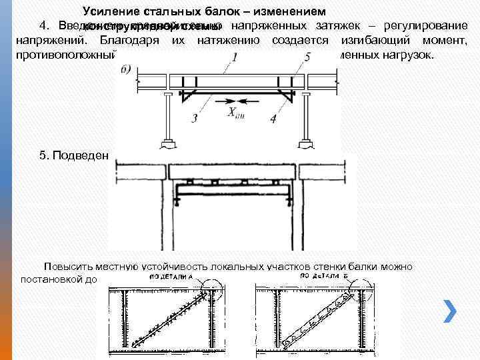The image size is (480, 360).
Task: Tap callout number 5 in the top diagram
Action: pyautogui.click(x=306, y=59)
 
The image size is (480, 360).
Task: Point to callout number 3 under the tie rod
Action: pyautogui.click(x=194, y=119)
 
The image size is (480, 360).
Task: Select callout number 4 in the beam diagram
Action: pyautogui.click(x=273, y=119)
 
